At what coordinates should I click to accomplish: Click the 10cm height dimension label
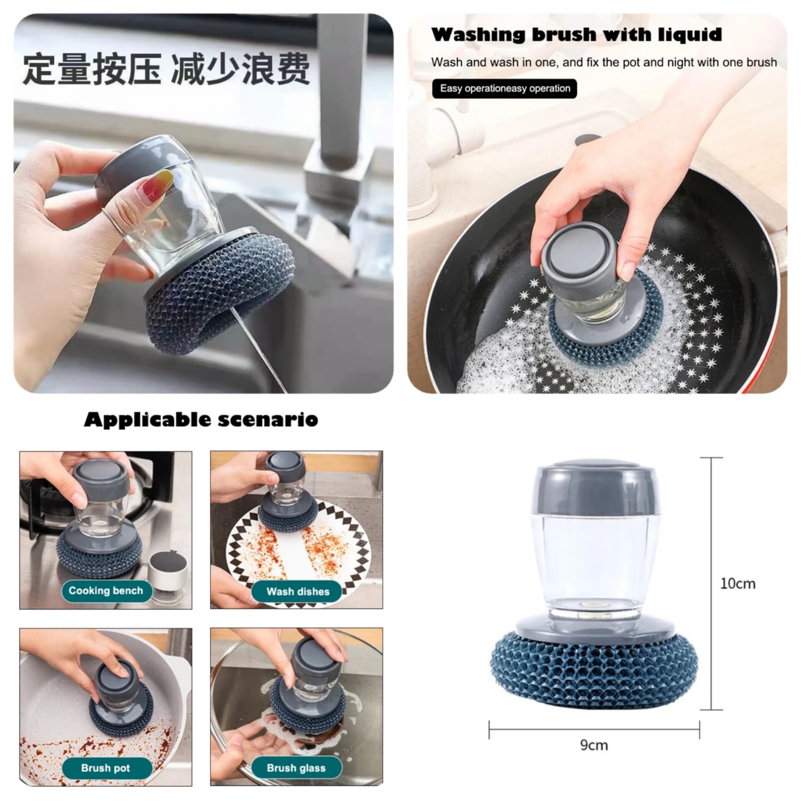coord(737,584)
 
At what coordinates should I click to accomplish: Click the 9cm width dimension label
coord(594,745)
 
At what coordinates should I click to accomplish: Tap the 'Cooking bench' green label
coord(106,591)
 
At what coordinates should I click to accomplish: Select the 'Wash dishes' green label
coord(298,592)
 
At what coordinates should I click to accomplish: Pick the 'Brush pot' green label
coord(105,768)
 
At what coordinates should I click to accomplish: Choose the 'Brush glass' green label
coord(296,768)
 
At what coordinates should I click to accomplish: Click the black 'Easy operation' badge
coord(504,89)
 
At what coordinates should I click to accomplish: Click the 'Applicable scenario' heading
coord(201,419)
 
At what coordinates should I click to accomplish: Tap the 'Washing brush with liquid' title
coord(576,35)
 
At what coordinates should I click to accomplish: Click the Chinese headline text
coord(166,69)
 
